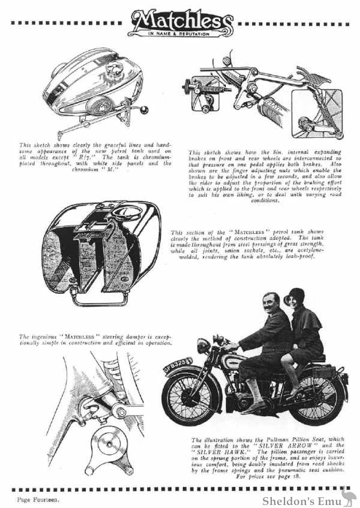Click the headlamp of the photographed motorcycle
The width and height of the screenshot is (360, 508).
tap(203, 347)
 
